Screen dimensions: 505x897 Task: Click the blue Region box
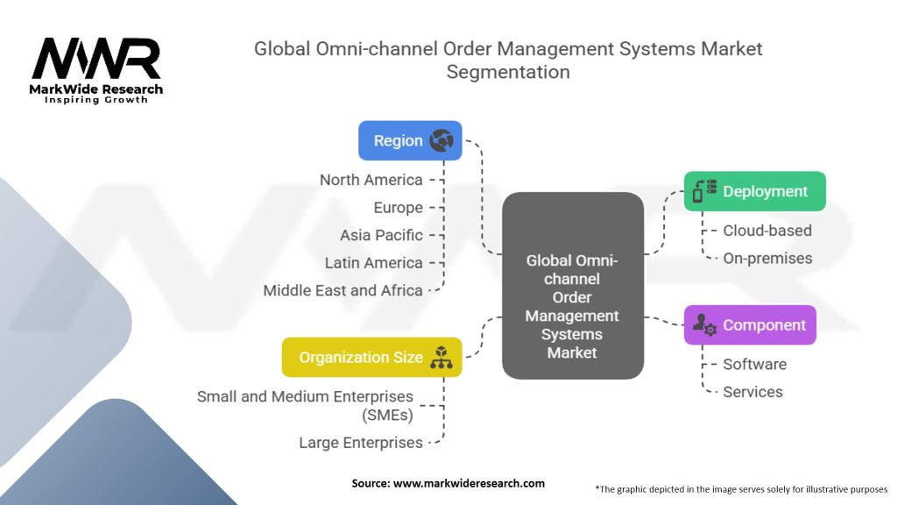(410, 140)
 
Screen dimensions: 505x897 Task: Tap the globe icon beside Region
(441, 141)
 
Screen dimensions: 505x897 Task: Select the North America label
(371, 180)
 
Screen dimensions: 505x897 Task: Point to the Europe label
(398, 208)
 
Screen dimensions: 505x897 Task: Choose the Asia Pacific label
(381, 235)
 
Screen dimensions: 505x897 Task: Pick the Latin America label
(373, 262)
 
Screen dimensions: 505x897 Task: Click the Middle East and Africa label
(343, 290)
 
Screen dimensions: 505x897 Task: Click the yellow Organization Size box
(371, 357)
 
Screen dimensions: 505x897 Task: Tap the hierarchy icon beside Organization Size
(441, 358)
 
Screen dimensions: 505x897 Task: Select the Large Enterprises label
(360, 443)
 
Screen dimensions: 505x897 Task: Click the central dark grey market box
(572, 286)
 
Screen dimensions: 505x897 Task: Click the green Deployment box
(754, 191)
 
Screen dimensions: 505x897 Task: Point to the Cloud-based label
(766, 231)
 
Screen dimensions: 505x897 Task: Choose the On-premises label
(767, 258)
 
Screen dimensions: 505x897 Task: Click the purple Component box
(750, 324)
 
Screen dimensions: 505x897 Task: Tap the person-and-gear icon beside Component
(704, 324)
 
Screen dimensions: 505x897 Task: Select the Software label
(754, 364)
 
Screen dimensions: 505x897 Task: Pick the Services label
(752, 392)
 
